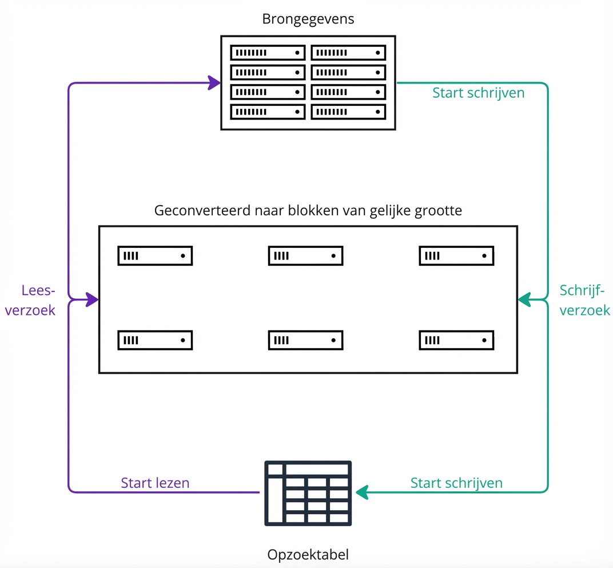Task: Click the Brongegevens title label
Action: tap(308, 19)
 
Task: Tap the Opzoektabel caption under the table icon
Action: tap(308, 554)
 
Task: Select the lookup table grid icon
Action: tap(308, 493)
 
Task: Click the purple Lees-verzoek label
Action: tap(38, 300)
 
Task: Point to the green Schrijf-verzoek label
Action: tap(584, 300)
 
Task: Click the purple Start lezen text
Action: tap(155, 483)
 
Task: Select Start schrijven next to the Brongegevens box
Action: tap(478, 93)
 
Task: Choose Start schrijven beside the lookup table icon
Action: tap(456, 483)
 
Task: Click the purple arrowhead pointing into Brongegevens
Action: tap(214, 83)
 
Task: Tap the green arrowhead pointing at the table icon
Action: tap(362, 492)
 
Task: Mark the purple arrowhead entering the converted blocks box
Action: tap(92, 299)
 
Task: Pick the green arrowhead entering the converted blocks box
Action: tap(524, 299)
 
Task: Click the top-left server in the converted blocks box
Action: tap(155, 256)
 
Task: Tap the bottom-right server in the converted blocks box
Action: tap(456, 340)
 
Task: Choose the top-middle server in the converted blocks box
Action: tap(305, 256)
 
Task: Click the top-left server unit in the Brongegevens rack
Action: tap(268, 53)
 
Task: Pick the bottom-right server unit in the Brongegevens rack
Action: tap(348, 112)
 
